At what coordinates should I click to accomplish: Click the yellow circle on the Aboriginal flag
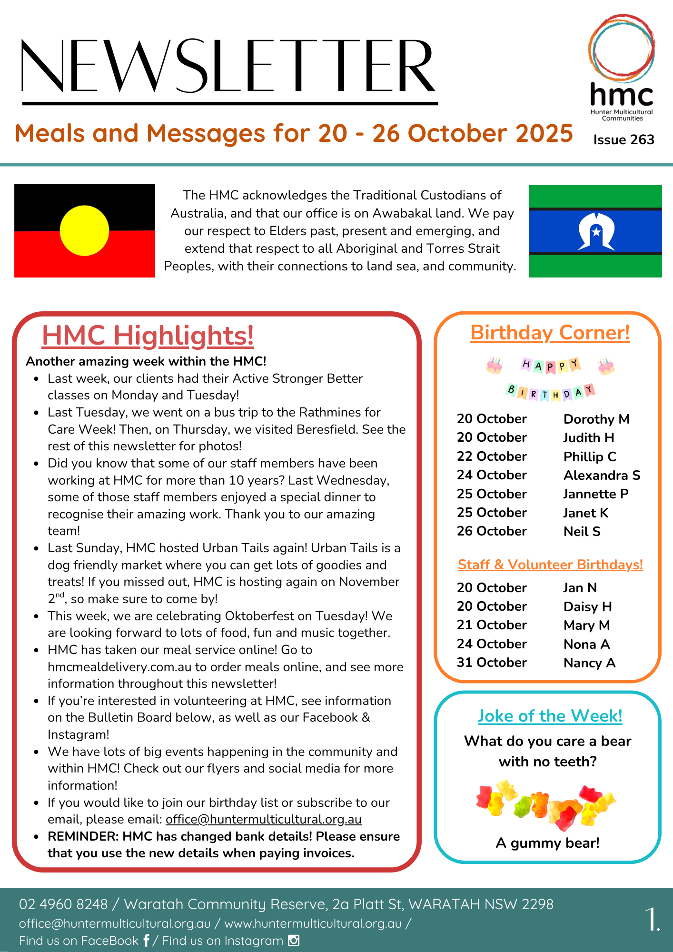click(x=84, y=231)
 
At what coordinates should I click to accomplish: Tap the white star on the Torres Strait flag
click(x=596, y=232)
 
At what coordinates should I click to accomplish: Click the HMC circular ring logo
click(x=621, y=48)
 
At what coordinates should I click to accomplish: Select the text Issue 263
click(x=624, y=139)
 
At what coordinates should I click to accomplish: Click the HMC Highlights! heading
click(x=148, y=335)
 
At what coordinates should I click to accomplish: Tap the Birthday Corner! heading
click(x=550, y=333)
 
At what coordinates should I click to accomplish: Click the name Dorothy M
click(x=596, y=419)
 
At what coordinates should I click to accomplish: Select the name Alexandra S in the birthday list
click(x=602, y=475)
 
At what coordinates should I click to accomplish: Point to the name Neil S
click(x=582, y=531)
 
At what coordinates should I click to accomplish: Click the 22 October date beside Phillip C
click(x=492, y=456)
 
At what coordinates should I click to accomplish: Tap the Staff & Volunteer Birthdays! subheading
click(x=550, y=565)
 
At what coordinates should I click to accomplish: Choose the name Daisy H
click(x=587, y=606)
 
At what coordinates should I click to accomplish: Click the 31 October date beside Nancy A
click(x=492, y=663)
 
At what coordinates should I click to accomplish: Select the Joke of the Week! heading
click(x=550, y=716)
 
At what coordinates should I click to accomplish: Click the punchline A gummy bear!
click(x=547, y=843)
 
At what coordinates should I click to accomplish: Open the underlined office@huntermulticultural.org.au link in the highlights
click(x=264, y=819)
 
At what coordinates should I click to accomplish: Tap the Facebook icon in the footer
click(x=146, y=941)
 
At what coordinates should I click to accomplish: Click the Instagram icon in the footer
click(x=294, y=941)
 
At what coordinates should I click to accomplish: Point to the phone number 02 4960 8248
click(x=63, y=904)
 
